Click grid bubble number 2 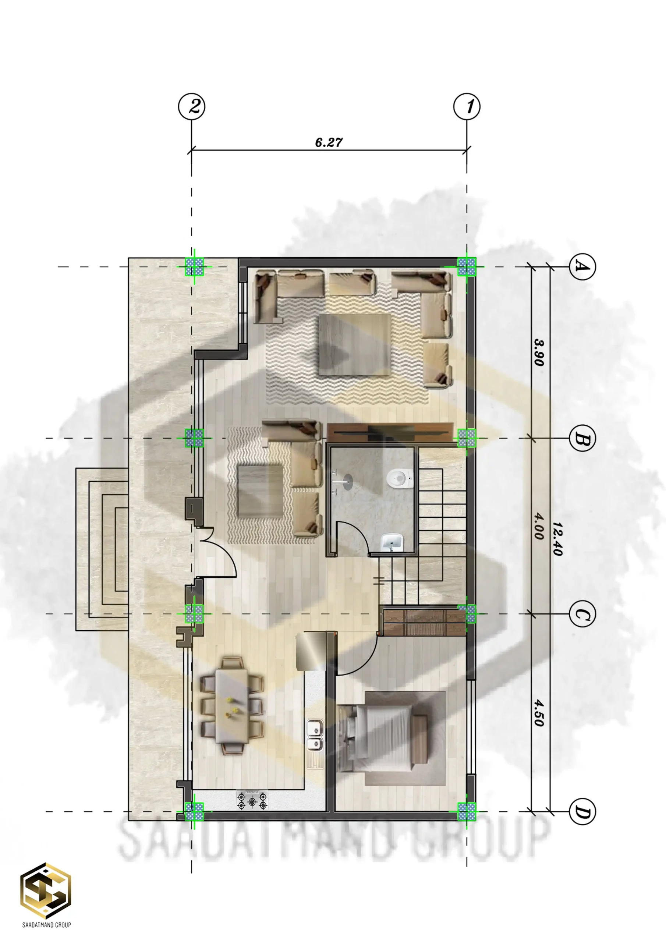click(192, 107)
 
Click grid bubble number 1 click(467, 107)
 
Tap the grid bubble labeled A click(582, 267)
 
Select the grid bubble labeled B click(582, 438)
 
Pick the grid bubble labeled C click(582, 614)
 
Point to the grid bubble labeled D click(582, 811)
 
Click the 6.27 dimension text click(329, 142)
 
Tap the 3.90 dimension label click(539, 352)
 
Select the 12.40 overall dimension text click(557, 539)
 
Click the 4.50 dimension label click(539, 713)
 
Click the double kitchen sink click(315, 735)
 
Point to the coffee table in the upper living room click(355, 344)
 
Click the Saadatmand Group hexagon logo click(46, 890)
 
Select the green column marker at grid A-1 click(467, 267)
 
